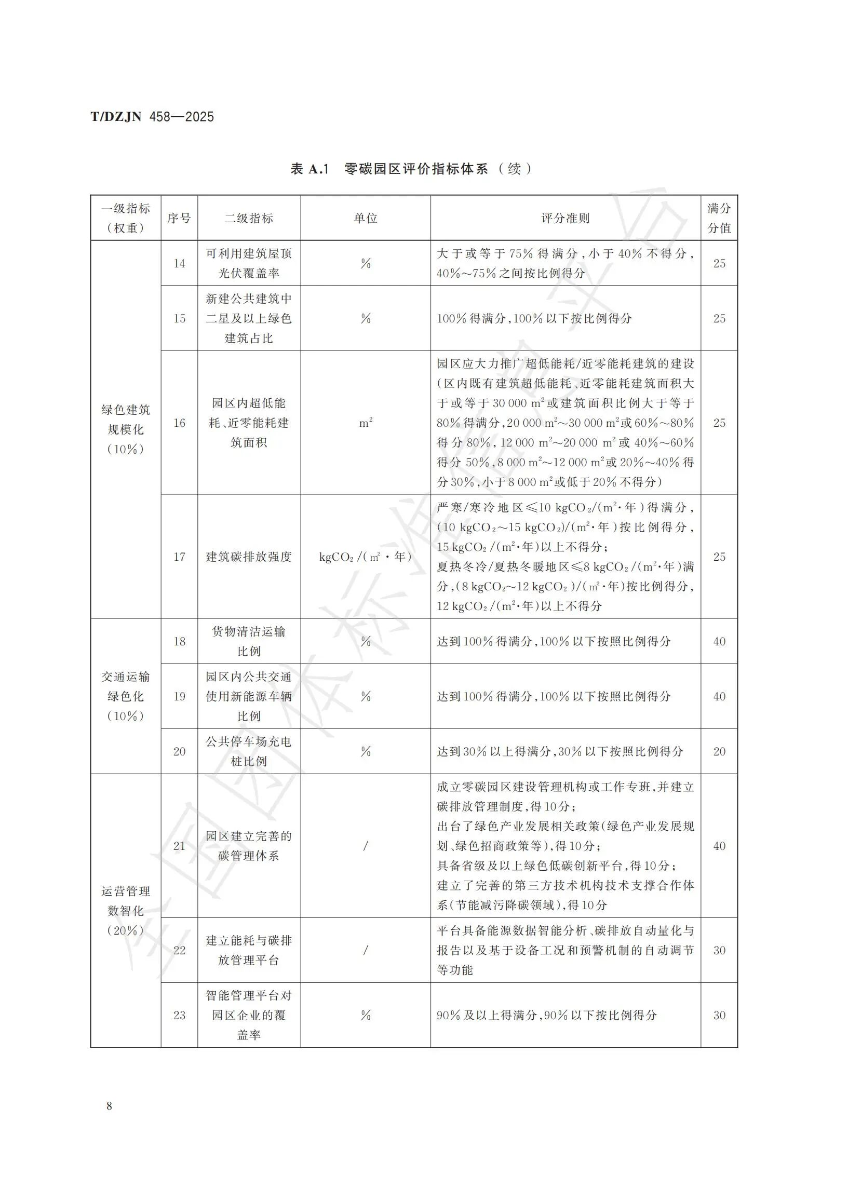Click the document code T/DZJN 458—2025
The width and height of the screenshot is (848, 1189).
152,116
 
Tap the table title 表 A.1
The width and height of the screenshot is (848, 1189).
309,169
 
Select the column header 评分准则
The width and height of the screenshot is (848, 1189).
565,218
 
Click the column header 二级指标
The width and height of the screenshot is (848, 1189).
249,218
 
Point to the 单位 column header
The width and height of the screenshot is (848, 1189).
365,218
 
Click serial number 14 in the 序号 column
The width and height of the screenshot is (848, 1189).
179,264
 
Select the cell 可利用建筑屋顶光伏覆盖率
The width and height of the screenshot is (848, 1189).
249,263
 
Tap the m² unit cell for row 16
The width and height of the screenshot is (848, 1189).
366,423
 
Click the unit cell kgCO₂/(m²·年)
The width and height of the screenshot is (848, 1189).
365,557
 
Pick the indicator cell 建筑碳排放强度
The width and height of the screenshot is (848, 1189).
249,557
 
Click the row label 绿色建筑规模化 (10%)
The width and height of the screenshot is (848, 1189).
125,429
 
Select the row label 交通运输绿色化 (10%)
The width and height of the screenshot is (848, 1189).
125,696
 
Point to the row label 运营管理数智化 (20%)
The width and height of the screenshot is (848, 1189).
125,911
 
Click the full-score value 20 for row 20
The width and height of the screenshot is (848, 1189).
719,752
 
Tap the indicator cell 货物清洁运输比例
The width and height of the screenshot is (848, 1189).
249,641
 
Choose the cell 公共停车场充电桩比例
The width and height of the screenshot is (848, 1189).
249,752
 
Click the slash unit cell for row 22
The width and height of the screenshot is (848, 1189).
365,951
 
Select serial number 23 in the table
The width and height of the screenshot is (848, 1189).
179,1015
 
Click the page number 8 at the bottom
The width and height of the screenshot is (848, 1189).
109,1105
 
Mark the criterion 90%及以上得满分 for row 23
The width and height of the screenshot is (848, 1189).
546,1015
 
